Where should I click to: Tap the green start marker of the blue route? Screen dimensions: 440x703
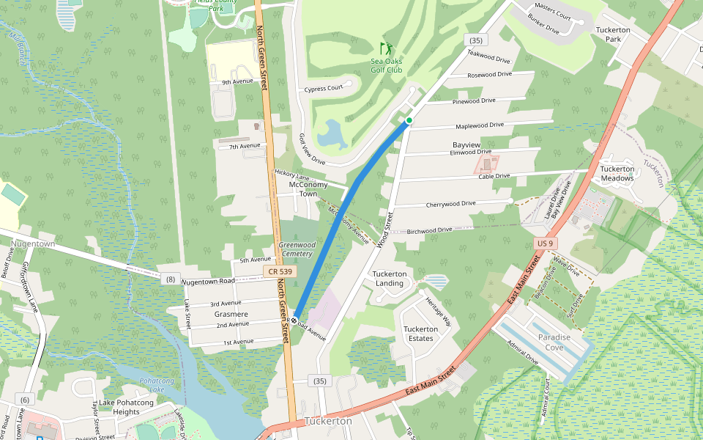click(x=409, y=120)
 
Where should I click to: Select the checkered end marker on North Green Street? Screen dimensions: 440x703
click(x=293, y=320)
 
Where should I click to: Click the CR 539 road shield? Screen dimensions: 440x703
click(x=279, y=272)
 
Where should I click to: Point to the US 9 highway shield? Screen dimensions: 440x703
click(x=544, y=243)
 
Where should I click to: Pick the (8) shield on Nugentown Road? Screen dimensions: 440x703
click(x=171, y=279)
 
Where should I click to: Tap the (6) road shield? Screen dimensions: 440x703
click(x=25, y=400)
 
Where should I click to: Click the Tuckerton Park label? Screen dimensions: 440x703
click(x=613, y=34)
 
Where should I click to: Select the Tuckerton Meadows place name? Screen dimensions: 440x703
click(x=617, y=173)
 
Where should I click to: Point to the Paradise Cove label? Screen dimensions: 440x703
click(x=554, y=342)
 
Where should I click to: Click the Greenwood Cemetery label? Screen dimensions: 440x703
click(x=297, y=249)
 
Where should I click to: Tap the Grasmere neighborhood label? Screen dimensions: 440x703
click(x=231, y=314)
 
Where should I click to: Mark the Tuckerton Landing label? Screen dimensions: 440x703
click(x=389, y=279)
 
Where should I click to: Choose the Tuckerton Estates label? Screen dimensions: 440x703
click(x=421, y=334)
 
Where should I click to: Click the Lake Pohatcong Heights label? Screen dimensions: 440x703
click(x=131, y=407)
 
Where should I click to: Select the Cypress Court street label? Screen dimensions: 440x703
click(x=324, y=89)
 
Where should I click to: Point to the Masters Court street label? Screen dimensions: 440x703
click(x=552, y=15)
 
